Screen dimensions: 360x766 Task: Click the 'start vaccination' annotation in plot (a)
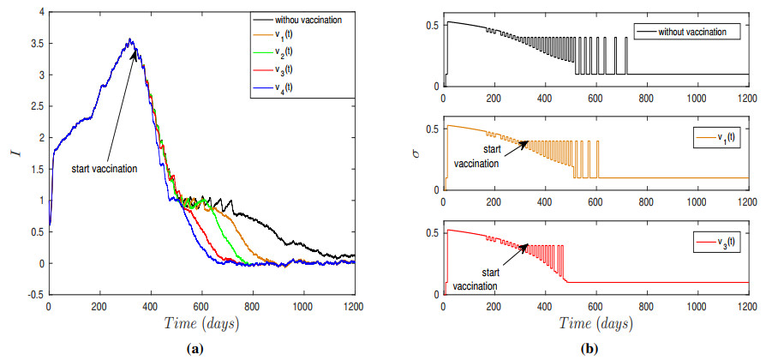105,168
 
